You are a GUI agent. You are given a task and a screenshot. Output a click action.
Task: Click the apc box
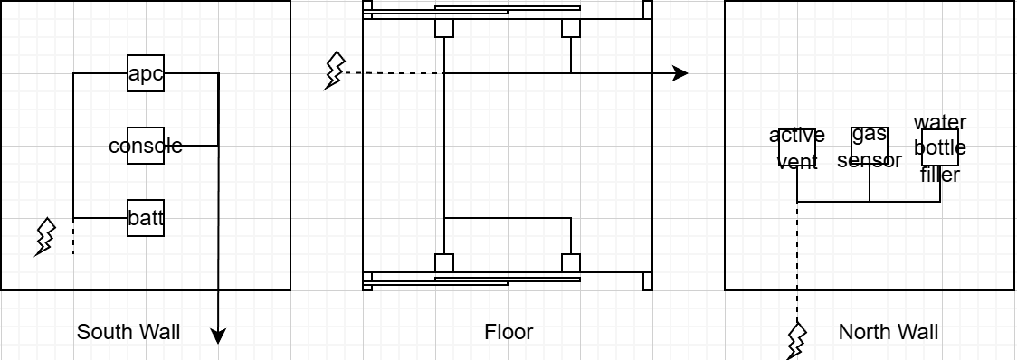click(x=146, y=73)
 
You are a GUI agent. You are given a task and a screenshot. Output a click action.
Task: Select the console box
click(x=146, y=146)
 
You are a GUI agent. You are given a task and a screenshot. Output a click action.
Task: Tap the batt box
click(x=146, y=218)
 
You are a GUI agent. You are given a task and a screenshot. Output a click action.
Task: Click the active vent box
click(x=797, y=148)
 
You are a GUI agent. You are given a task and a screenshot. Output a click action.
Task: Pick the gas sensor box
click(x=870, y=146)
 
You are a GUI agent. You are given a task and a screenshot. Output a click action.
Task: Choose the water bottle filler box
click(x=940, y=147)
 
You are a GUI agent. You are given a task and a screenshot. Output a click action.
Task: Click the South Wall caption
click(x=128, y=332)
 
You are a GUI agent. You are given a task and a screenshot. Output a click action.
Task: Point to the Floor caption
click(x=508, y=332)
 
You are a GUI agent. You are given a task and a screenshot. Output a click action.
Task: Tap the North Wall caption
click(x=888, y=332)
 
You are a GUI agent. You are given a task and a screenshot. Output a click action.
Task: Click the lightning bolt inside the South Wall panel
click(x=44, y=237)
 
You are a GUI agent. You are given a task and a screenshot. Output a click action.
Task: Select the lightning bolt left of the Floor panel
click(x=334, y=70)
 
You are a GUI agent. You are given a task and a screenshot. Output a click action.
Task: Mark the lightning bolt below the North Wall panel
click(x=797, y=340)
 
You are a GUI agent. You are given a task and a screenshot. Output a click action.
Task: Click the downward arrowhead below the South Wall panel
click(x=219, y=336)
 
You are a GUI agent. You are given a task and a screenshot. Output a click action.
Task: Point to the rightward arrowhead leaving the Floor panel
click(x=680, y=73)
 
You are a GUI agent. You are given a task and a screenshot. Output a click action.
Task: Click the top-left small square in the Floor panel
click(x=443, y=28)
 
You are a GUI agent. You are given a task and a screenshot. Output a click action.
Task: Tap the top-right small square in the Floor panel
click(x=571, y=28)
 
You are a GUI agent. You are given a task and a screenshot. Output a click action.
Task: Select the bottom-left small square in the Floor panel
click(x=443, y=262)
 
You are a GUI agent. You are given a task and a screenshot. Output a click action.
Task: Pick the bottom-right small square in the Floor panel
click(x=571, y=262)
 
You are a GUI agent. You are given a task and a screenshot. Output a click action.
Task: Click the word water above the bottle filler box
click(x=940, y=122)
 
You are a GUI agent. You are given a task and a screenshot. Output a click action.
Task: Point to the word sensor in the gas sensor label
click(x=870, y=159)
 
